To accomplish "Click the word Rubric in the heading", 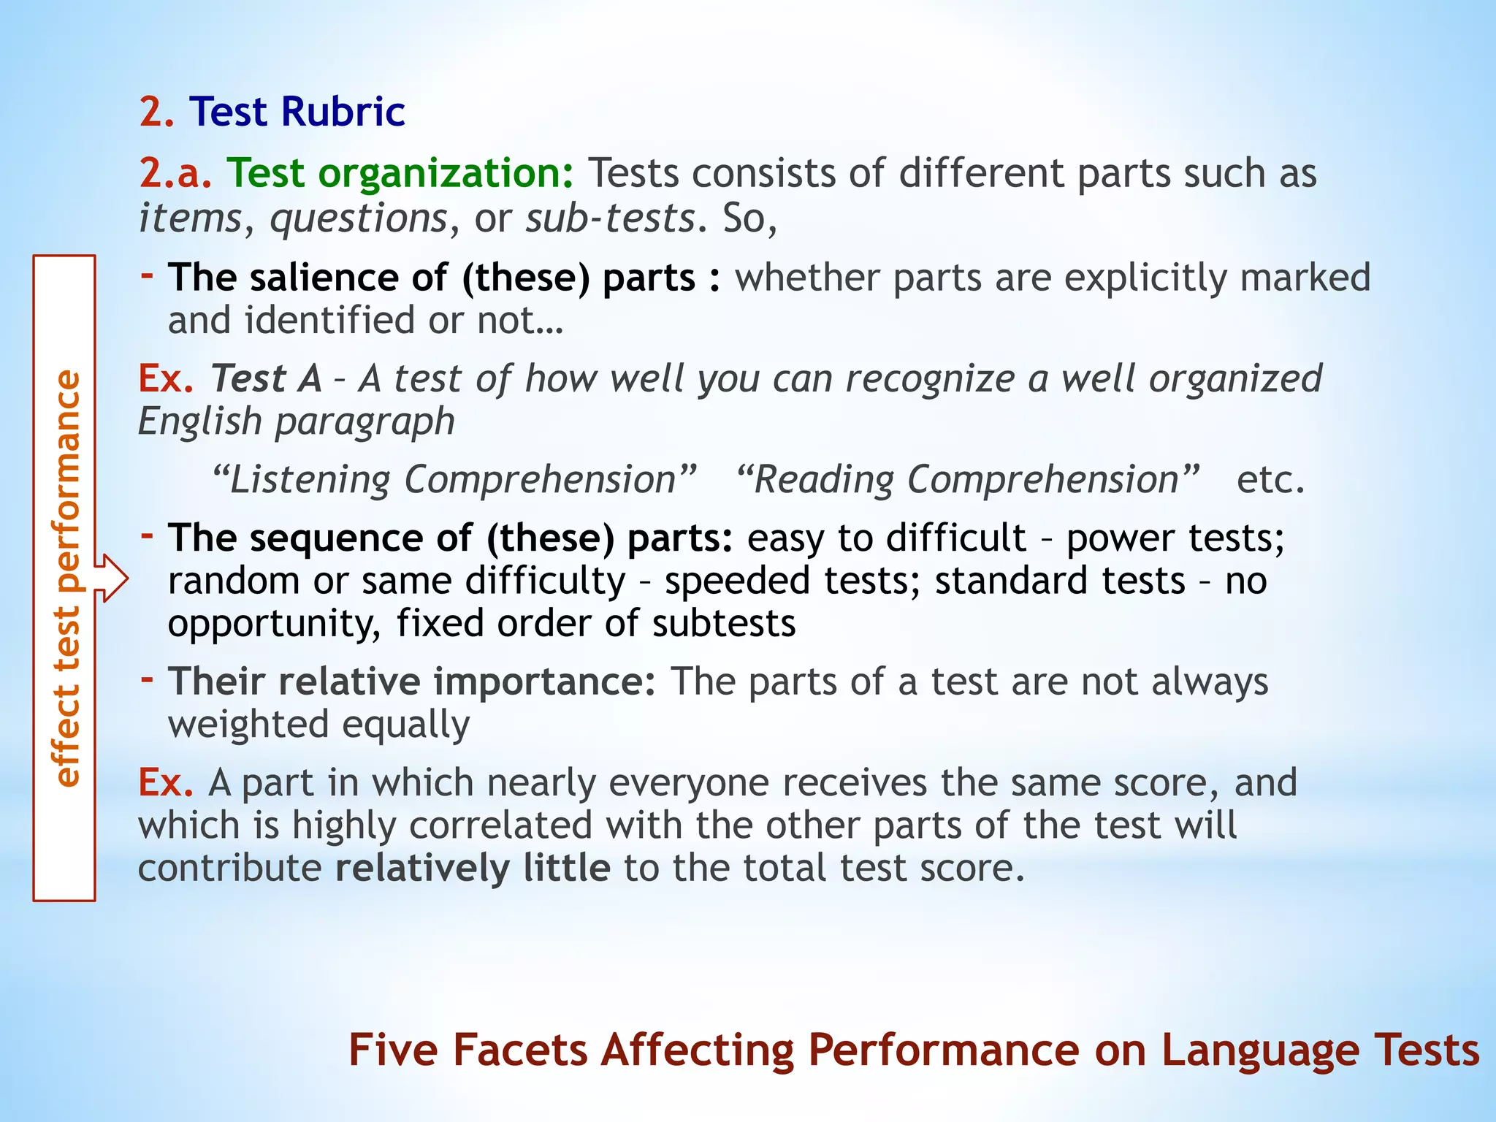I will tap(343, 112).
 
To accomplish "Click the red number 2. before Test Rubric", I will tap(156, 112).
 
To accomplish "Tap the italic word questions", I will tap(358, 218).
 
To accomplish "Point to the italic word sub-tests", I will tap(610, 218).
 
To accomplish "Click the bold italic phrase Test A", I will tap(266, 378).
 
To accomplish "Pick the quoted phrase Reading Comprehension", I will tap(967, 480).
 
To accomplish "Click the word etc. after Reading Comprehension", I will tap(1270, 480).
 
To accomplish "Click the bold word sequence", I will tap(335, 538).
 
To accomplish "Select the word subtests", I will tap(723, 624).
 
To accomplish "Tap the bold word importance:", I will tap(544, 682).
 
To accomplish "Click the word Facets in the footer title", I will tap(520, 1050).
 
